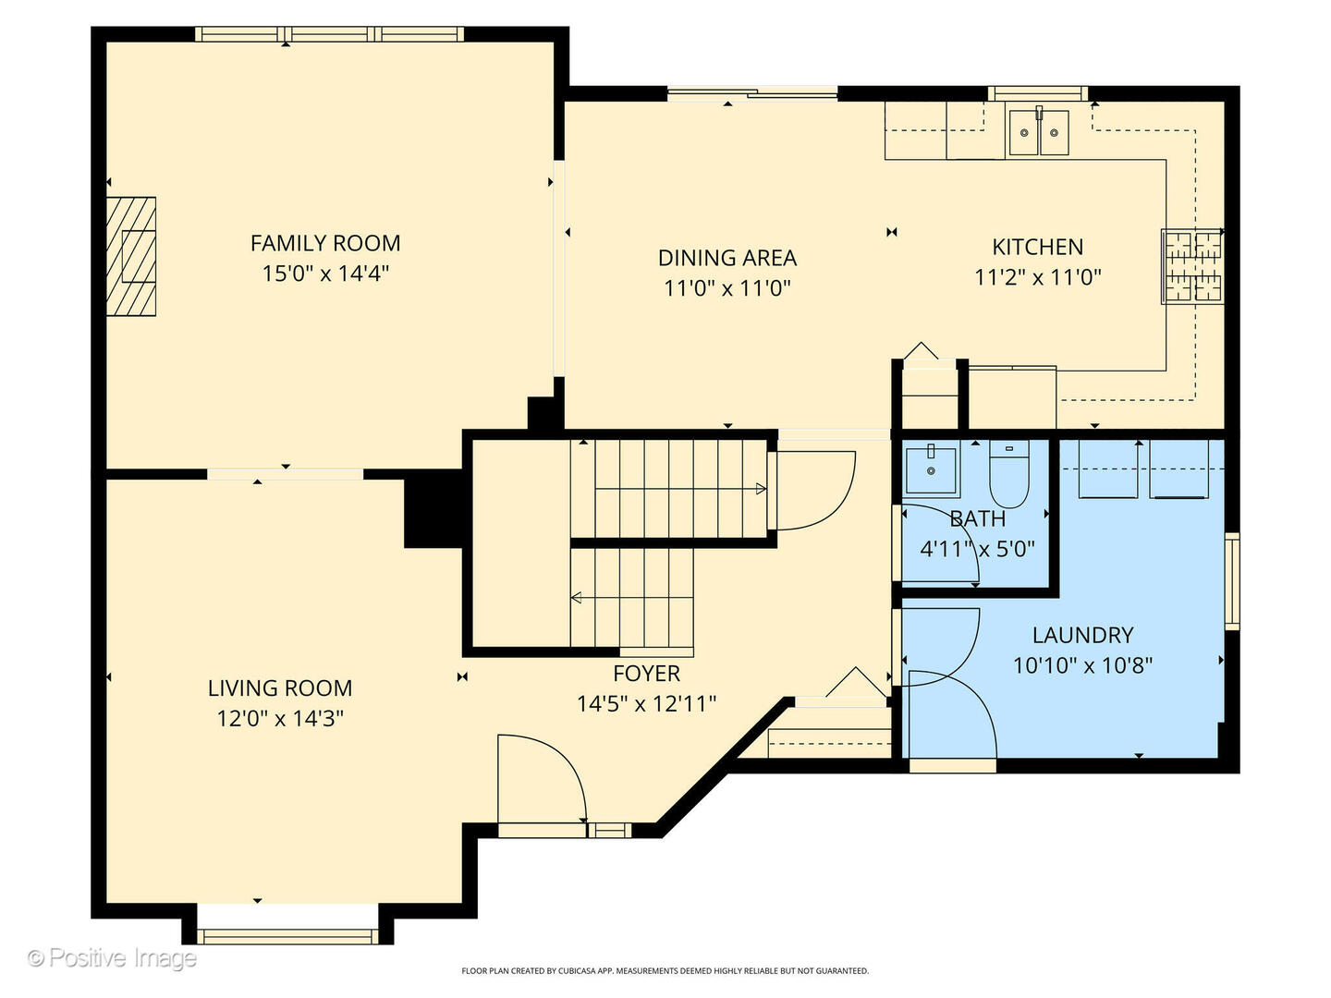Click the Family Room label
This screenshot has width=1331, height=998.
(325, 244)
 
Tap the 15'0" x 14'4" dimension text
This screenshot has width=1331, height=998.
(325, 274)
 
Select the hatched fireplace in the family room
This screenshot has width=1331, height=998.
(131, 256)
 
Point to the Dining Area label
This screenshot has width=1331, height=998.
(727, 258)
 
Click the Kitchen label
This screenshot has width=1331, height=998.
(1037, 248)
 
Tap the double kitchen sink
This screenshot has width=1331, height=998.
(1039, 132)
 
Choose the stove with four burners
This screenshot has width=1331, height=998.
(1192, 266)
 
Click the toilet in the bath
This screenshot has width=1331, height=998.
(1009, 473)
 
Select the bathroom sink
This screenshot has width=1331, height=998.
(931, 470)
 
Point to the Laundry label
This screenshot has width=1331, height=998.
(1083, 635)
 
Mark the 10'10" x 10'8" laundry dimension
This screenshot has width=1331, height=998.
(1083, 666)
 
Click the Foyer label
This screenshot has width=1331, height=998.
(646, 674)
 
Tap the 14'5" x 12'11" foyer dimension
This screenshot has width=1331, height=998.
(646, 704)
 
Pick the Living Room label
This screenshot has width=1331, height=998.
(280, 688)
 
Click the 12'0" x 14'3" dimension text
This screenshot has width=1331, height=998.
(280, 719)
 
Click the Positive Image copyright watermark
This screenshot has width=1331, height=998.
(112, 958)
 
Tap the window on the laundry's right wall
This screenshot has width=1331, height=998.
(1231, 581)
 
